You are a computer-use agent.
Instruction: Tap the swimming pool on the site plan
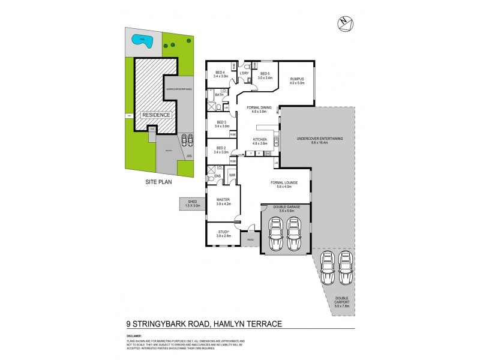[x=142, y=43]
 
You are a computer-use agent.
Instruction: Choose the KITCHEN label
[x=259, y=141]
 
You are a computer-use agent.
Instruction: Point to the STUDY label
[x=223, y=233]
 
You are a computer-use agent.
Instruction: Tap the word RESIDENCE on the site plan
[x=156, y=115]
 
